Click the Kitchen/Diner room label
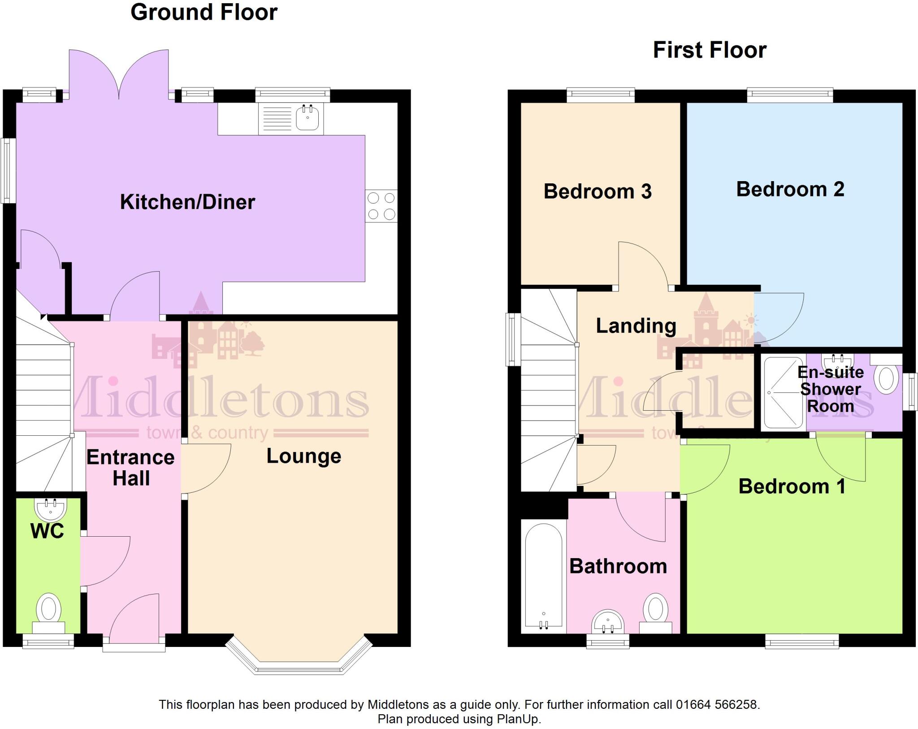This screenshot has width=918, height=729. click(x=187, y=202)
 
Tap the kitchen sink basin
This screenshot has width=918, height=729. click(x=307, y=118)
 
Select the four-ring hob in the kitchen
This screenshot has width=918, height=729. click(x=381, y=206)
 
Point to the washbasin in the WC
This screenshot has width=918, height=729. click(x=50, y=509)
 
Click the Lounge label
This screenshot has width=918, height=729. click(x=304, y=456)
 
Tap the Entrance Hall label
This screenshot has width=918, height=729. click(x=130, y=468)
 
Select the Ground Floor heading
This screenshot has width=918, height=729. click(x=204, y=12)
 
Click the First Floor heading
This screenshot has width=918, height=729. click(x=710, y=50)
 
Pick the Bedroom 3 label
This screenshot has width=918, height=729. click(x=598, y=191)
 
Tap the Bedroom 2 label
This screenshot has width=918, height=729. click(x=790, y=189)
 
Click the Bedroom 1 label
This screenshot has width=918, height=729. click(x=792, y=486)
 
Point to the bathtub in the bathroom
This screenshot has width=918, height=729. click(x=543, y=576)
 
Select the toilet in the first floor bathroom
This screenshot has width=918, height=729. click(x=655, y=611)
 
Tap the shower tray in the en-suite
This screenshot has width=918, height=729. click(x=783, y=393)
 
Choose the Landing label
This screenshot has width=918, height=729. click(x=636, y=326)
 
